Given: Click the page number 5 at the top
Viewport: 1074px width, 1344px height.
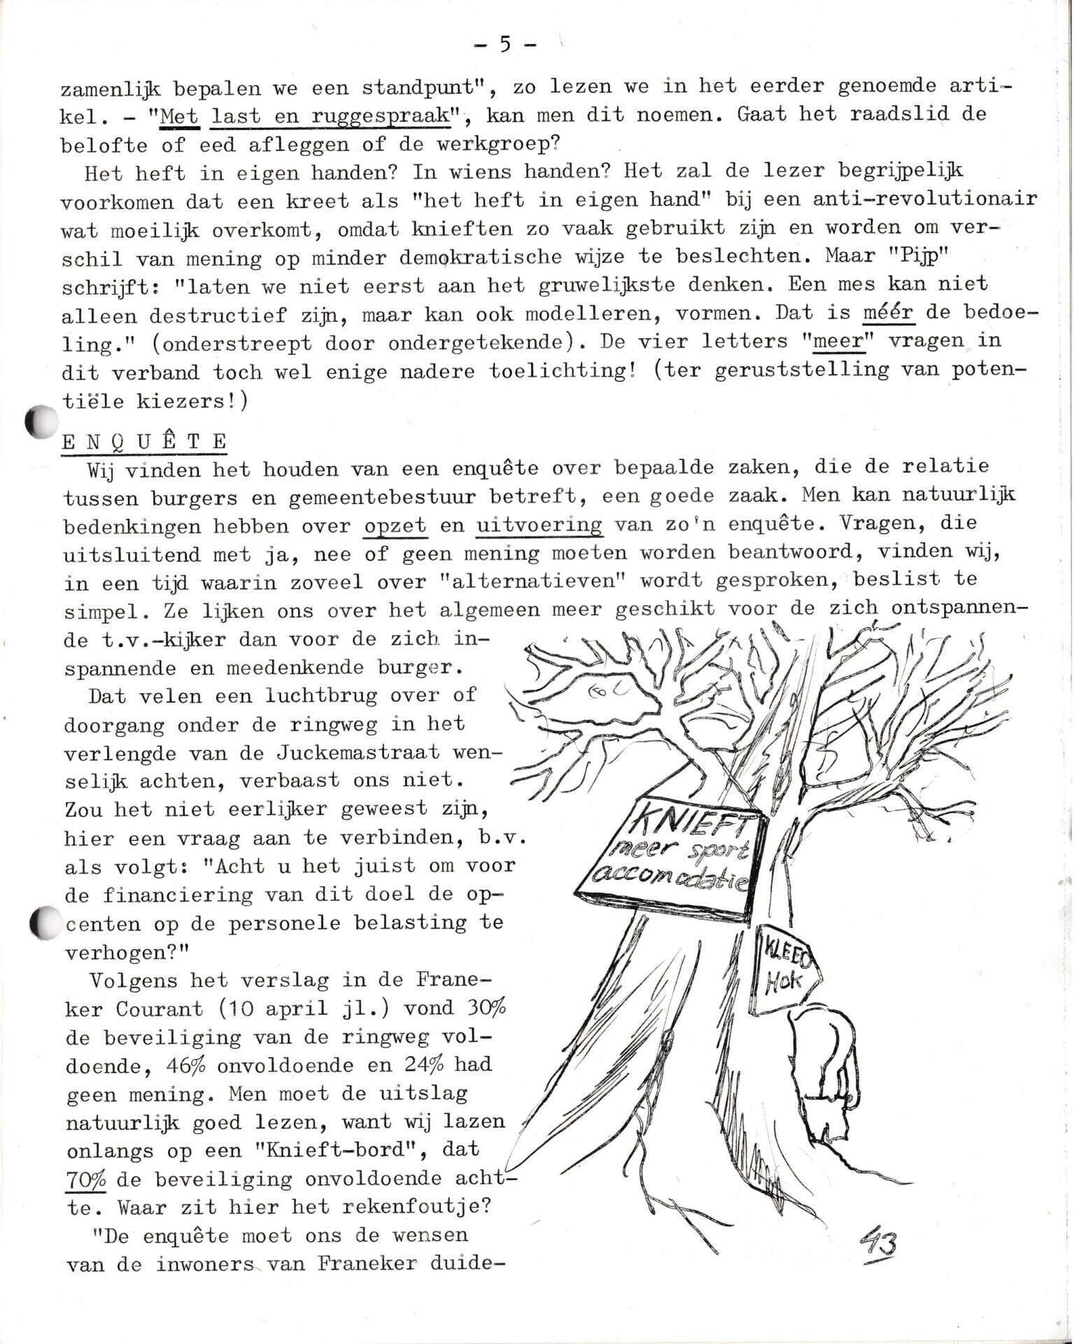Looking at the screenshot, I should (504, 44).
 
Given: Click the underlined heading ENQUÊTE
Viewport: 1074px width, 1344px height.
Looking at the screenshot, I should (144, 442).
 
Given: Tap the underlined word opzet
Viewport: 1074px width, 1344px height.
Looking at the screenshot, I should (395, 525).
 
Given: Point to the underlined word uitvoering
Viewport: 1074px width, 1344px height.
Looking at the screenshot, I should (538, 525).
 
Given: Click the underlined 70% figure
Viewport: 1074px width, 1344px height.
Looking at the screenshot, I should (85, 1179).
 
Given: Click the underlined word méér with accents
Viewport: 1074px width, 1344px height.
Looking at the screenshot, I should (887, 312).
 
